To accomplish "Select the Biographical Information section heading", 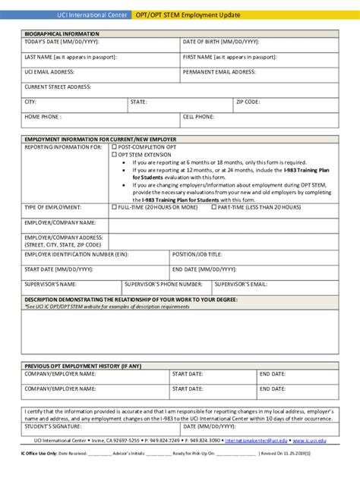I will (62, 33).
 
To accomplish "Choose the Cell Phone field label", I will (198, 117).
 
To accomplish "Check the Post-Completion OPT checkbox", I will (114, 147).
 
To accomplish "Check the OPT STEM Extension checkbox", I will (114, 154).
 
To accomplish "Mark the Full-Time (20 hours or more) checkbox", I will (114, 206).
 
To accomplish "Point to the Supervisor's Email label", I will (240, 284).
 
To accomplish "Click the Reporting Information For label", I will (62, 147).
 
